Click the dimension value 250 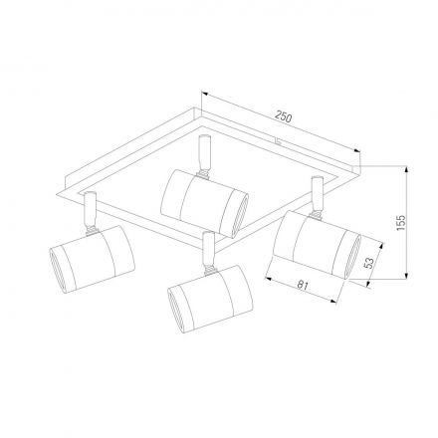point(284,117)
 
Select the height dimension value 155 point(401,223)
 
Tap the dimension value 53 point(369,263)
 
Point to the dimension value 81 point(303,286)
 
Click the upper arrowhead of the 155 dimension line point(407,169)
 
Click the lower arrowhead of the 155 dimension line point(407,276)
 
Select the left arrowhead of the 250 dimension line point(205,94)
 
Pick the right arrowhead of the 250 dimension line point(356,150)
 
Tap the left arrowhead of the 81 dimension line point(269,279)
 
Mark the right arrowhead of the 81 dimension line point(332,301)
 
